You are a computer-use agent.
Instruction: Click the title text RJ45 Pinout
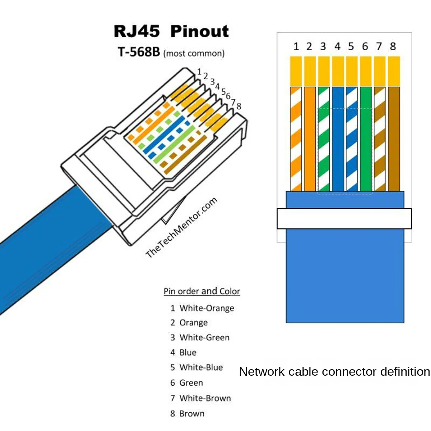(x=171, y=31)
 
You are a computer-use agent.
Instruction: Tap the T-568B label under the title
(x=139, y=52)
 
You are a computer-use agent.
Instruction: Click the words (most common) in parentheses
(x=194, y=54)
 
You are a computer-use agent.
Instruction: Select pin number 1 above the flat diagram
(x=296, y=46)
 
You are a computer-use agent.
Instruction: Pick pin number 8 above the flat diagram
(x=393, y=46)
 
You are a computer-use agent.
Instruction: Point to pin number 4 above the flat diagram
(x=337, y=46)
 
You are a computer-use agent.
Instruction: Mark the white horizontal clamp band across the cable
(x=344, y=218)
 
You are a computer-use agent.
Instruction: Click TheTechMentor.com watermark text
(x=181, y=227)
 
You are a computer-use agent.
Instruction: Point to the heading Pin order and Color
(x=201, y=291)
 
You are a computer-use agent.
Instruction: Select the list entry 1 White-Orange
(x=202, y=308)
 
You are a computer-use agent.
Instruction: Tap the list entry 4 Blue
(x=184, y=352)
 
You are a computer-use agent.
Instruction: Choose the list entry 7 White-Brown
(x=200, y=398)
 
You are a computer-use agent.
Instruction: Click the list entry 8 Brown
(x=187, y=413)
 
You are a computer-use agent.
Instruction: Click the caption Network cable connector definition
(x=334, y=371)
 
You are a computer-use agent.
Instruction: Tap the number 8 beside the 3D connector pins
(x=239, y=106)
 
